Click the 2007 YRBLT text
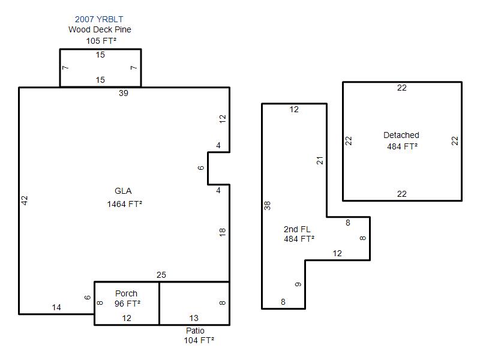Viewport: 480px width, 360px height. pyautogui.click(x=99, y=19)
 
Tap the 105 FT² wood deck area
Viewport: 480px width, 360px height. pyautogui.click(x=101, y=41)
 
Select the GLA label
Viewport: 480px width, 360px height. pyautogui.click(x=123, y=191)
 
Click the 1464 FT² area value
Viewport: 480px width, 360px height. pyautogui.click(x=125, y=204)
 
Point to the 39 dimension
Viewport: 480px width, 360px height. pyautogui.click(x=124, y=93)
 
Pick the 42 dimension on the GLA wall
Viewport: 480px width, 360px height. pyautogui.click(x=25, y=200)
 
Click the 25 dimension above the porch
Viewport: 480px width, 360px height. pyautogui.click(x=161, y=275)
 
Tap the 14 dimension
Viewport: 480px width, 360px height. pyautogui.click(x=56, y=307)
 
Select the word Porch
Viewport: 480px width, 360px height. pyautogui.click(x=126, y=293)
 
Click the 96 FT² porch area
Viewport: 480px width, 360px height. pyautogui.click(x=127, y=304)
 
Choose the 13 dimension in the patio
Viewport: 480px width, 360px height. pyautogui.click(x=194, y=318)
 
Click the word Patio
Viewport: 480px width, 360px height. pyautogui.click(x=196, y=331)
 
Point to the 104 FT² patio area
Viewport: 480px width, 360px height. pyautogui.click(x=199, y=340)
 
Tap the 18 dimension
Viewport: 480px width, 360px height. pyautogui.click(x=223, y=232)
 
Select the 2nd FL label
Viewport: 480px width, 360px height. pyautogui.click(x=297, y=229)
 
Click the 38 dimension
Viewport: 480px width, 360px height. pyautogui.click(x=267, y=205)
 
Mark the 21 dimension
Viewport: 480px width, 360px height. pyautogui.click(x=320, y=160)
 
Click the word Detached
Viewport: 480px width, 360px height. pyautogui.click(x=401, y=135)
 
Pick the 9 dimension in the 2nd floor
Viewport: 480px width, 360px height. pyautogui.click(x=298, y=284)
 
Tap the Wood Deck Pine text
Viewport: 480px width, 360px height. pyautogui.click(x=100, y=29)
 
